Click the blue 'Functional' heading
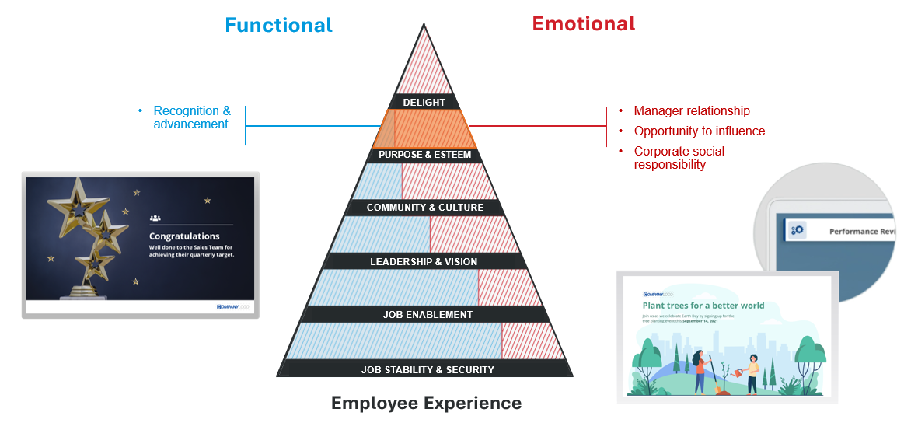click(278, 25)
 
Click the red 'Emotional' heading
click(583, 23)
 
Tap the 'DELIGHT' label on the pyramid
click(424, 102)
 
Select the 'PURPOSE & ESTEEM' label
click(424, 155)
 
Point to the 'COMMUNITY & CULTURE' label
click(424, 208)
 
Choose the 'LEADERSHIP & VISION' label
click(424, 261)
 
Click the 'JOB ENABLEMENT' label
click(428, 315)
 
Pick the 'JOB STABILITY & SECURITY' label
click(428, 369)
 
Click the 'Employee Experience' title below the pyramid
click(426, 403)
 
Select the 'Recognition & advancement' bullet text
click(192, 117)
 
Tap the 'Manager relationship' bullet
click(692, 111)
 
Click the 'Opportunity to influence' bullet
click(700, 131)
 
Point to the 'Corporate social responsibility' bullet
click(679, 158)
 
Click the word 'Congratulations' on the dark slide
click(184, 236)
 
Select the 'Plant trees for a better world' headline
click(703, 306)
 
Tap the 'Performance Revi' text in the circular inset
click(862, 231)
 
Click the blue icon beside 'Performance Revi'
click(797, 230)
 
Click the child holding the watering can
click(751, 373)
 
